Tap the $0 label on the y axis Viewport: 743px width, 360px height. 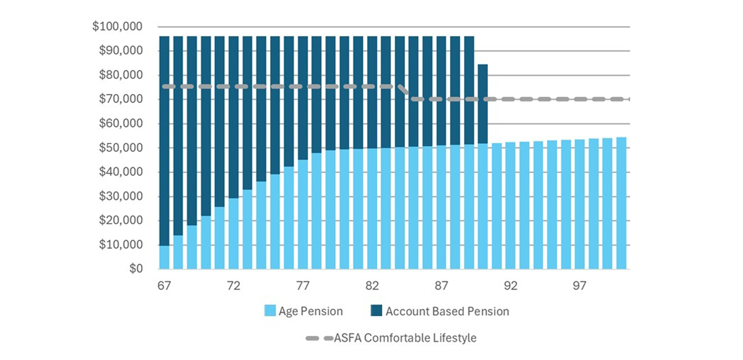point(135,269)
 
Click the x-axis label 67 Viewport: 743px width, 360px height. point(164,286)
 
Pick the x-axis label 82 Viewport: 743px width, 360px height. point(372,286)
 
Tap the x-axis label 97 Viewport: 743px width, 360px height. point(580,286)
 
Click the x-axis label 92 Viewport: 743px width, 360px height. point(510,286)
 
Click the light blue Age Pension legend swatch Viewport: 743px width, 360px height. point(270,311)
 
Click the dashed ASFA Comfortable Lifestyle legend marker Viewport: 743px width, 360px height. point(319,338)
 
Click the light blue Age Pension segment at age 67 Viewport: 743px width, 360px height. point(164,257)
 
